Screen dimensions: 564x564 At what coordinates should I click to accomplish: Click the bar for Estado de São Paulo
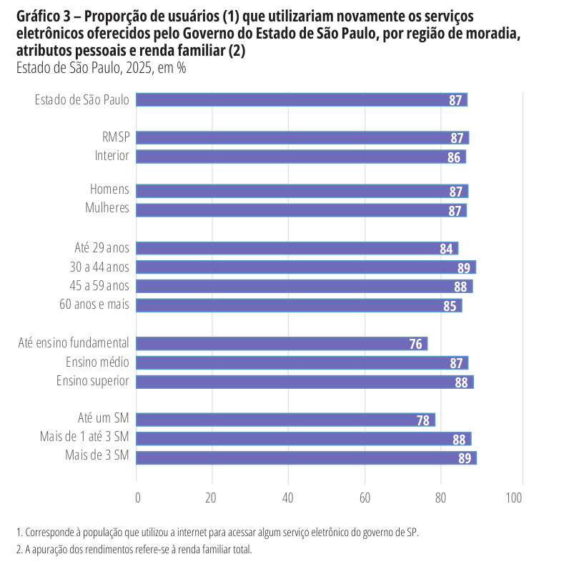(300, 100)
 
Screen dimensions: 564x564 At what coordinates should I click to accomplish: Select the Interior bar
(300, 157)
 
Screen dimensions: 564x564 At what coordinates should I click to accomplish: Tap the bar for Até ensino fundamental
(282, 344)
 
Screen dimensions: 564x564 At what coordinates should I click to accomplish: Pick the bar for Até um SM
(285, 420)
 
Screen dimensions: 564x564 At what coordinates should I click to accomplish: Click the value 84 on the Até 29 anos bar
(447, 249)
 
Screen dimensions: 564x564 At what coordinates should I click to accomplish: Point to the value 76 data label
(415, 344)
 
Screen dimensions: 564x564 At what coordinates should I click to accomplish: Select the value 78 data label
(423, 420)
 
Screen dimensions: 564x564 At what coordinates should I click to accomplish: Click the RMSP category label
(115, 137)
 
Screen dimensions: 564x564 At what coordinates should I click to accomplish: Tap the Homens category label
(109, 190)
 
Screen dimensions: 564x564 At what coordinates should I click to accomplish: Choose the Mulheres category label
(107, 209)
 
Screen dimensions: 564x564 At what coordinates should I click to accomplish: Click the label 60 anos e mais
(94, 305)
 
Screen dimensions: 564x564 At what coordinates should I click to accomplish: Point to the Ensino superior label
(93, 380)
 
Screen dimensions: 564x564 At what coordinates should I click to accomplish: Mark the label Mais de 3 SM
(97, 456)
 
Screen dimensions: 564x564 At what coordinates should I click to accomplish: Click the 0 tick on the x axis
(137, 498)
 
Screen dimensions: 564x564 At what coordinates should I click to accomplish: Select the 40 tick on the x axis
(288, 498)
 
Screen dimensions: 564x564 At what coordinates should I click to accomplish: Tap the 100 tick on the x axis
(514, 498)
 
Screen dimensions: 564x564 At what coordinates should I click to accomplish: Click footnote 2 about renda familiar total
(134, 550)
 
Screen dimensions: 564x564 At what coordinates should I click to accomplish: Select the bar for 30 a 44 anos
(306, 267)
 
